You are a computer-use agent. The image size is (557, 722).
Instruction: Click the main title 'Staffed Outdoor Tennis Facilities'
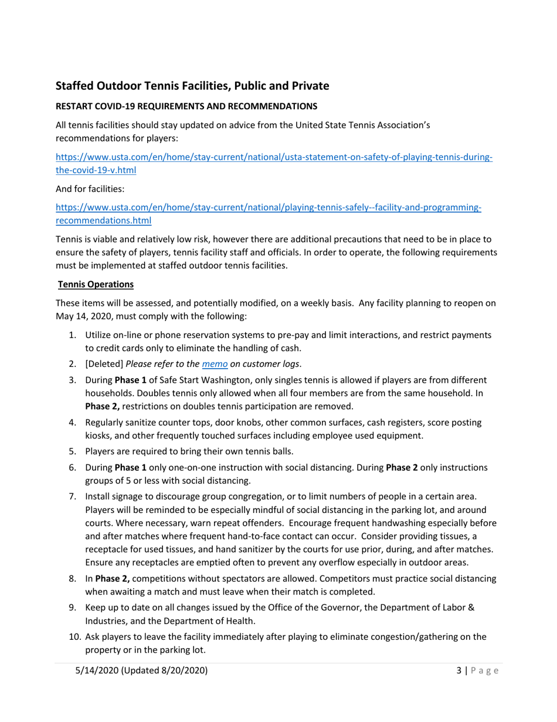192,86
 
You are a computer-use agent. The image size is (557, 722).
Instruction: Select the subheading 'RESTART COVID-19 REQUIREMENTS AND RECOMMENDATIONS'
186,106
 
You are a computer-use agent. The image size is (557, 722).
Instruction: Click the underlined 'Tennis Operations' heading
96,285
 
